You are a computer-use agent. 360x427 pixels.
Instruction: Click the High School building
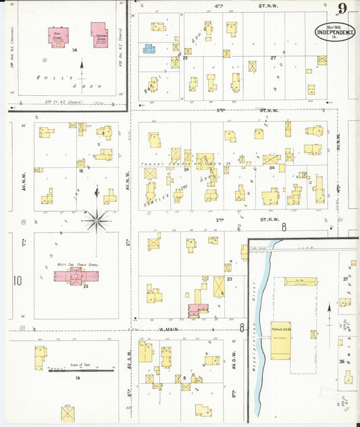click(x=60, y=36)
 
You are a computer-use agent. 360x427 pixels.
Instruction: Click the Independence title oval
click(x=335, y=31)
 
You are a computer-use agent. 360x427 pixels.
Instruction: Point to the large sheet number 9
click(x=343, y=9)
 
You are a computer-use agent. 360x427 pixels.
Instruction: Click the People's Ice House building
click(x=280, y=341)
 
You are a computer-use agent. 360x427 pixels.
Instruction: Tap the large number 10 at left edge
click(x=18, y=280)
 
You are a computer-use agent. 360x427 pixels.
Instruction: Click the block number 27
click(x=274, y=58)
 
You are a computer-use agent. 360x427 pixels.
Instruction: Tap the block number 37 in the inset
click(x=344, y=279)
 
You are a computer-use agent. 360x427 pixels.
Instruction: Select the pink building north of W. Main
click(x=197, y=309)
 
